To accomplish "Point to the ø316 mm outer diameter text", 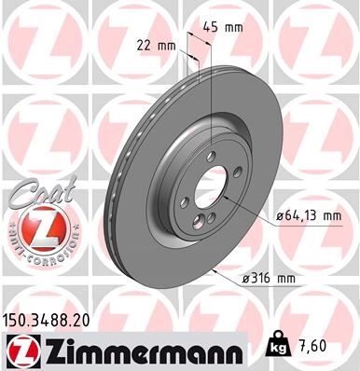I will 270,279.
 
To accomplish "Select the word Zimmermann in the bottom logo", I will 135,350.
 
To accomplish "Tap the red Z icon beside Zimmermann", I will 21,350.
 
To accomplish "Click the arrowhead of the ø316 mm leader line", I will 217,269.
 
